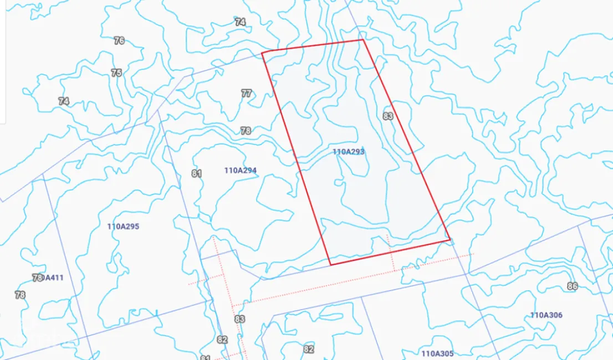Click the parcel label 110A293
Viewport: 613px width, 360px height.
point(349,152)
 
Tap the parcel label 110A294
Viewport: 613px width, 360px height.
point(241,171)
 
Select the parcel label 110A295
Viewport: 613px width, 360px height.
point(123,226)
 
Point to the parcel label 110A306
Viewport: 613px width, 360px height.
point(546,315)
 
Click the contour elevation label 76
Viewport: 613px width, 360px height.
point(119,40)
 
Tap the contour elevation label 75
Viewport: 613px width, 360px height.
point(116,73)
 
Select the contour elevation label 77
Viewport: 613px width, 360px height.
point(247,93)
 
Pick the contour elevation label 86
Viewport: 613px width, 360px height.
point(573,286)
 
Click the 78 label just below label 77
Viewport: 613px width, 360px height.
point(246,131)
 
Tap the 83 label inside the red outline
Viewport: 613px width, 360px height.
point(388,116)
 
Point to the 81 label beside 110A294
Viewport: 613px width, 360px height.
point(196,173)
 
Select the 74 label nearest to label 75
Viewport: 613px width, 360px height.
point(64,101)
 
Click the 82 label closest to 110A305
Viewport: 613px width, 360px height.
point(309,349)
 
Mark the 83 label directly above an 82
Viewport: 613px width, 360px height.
point(239,319)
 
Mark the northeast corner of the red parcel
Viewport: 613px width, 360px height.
point(362,39)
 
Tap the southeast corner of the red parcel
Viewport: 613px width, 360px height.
point(449,240)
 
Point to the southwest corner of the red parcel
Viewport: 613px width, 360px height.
point(330,265)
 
